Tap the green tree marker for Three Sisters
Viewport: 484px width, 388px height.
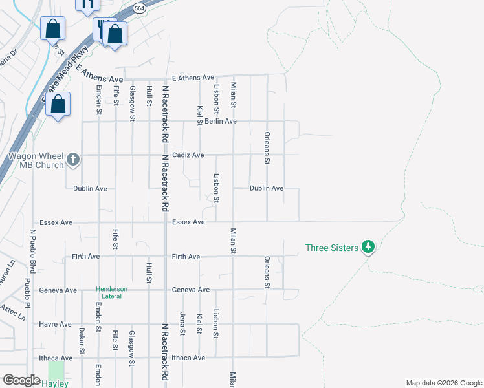click(368, 246)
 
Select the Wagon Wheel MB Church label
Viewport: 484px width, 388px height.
click(36, 160)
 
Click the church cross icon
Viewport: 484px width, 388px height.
click(73, 159)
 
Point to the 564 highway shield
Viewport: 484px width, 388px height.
click(139, 8)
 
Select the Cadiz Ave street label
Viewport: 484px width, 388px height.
click(188, 155)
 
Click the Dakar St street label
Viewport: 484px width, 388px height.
click(82, 341)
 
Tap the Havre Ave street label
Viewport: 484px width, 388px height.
click(55, 324)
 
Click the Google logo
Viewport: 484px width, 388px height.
click(21, 380)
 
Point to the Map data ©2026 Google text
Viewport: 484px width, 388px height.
click(443, 383)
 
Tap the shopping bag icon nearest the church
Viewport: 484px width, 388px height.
click(58, 105)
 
